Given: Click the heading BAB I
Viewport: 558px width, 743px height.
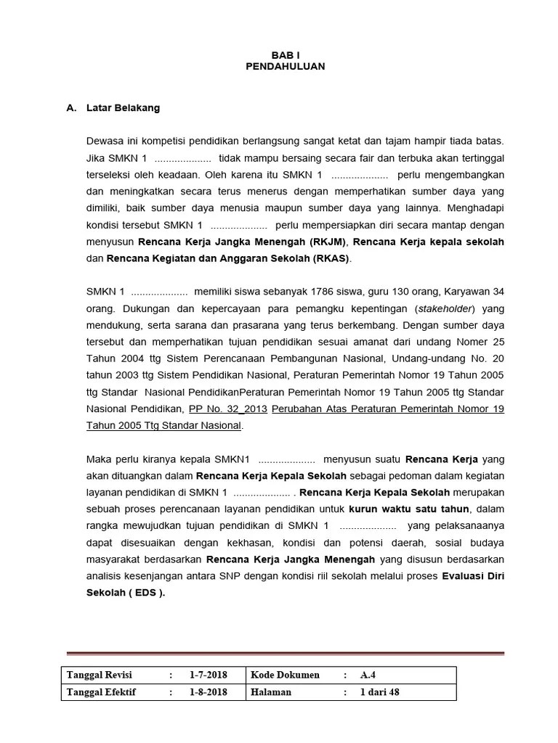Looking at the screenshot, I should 285,54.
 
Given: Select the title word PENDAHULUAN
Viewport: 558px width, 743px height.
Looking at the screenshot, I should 285,66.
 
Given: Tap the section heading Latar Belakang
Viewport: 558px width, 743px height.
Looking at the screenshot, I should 123,108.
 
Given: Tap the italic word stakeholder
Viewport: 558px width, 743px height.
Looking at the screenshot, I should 444,308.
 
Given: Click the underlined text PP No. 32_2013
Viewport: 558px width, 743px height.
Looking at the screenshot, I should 228,409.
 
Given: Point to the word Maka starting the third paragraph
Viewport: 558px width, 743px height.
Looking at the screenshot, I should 100,459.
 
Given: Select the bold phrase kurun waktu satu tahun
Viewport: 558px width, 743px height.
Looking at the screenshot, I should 409,509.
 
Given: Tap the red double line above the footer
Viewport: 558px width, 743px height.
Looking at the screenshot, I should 285,653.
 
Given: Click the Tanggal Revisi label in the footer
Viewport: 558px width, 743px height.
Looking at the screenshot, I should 100,675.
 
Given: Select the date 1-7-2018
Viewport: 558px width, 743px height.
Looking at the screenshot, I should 209,675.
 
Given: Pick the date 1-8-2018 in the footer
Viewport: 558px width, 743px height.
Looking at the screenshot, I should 209,692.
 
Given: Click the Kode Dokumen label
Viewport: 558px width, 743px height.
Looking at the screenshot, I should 285,675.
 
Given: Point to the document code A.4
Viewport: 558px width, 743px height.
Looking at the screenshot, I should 369,675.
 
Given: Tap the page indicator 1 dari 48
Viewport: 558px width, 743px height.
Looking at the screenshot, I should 380,692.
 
